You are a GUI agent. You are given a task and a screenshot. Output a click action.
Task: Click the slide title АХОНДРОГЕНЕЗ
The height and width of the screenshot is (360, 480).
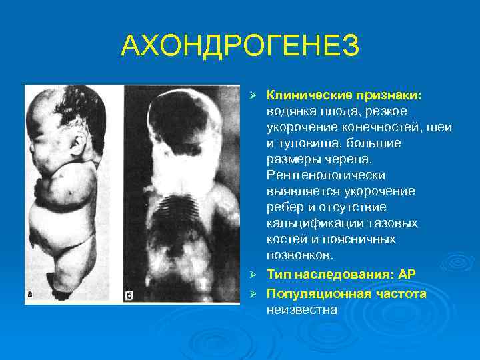(240, 46)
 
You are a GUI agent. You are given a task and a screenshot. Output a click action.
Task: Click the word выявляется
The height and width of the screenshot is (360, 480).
(301, 191)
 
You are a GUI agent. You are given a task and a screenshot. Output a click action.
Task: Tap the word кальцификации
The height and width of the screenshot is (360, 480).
(311, 224)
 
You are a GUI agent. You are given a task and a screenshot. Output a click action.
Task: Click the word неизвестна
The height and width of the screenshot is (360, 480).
(302, 309)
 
